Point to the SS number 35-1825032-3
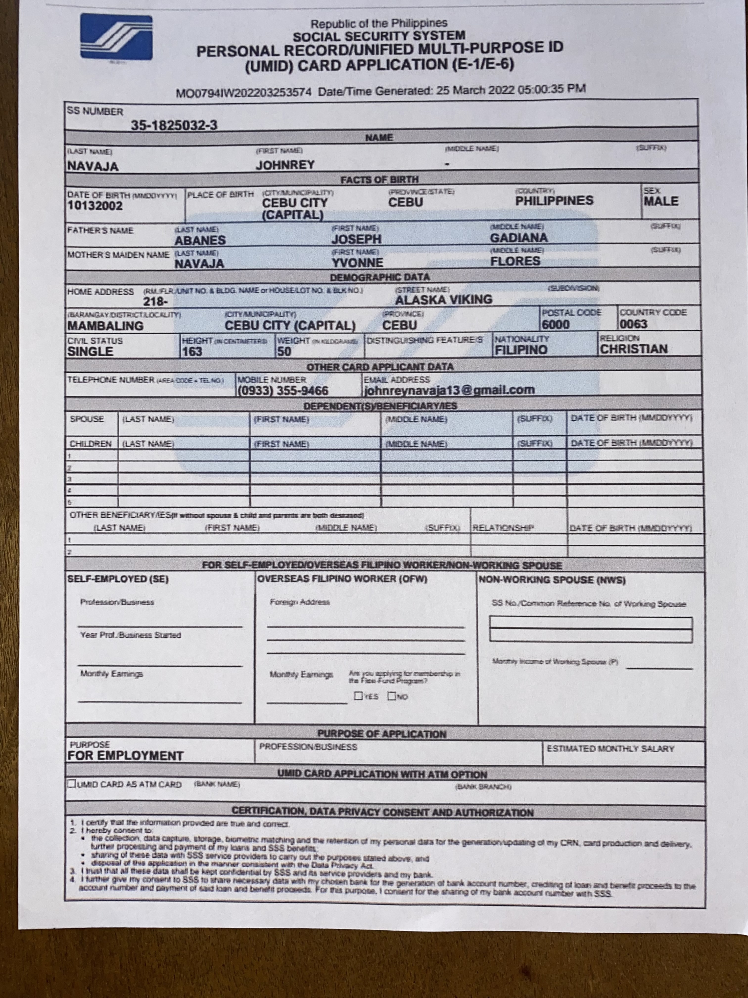174,125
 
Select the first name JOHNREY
285,165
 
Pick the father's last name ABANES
200,241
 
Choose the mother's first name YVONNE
357,263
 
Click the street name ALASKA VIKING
444,299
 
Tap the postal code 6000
556,324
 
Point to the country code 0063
633,324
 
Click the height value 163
192,351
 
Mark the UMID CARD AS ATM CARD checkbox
72,784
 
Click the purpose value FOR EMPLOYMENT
125,756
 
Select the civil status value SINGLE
90,351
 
